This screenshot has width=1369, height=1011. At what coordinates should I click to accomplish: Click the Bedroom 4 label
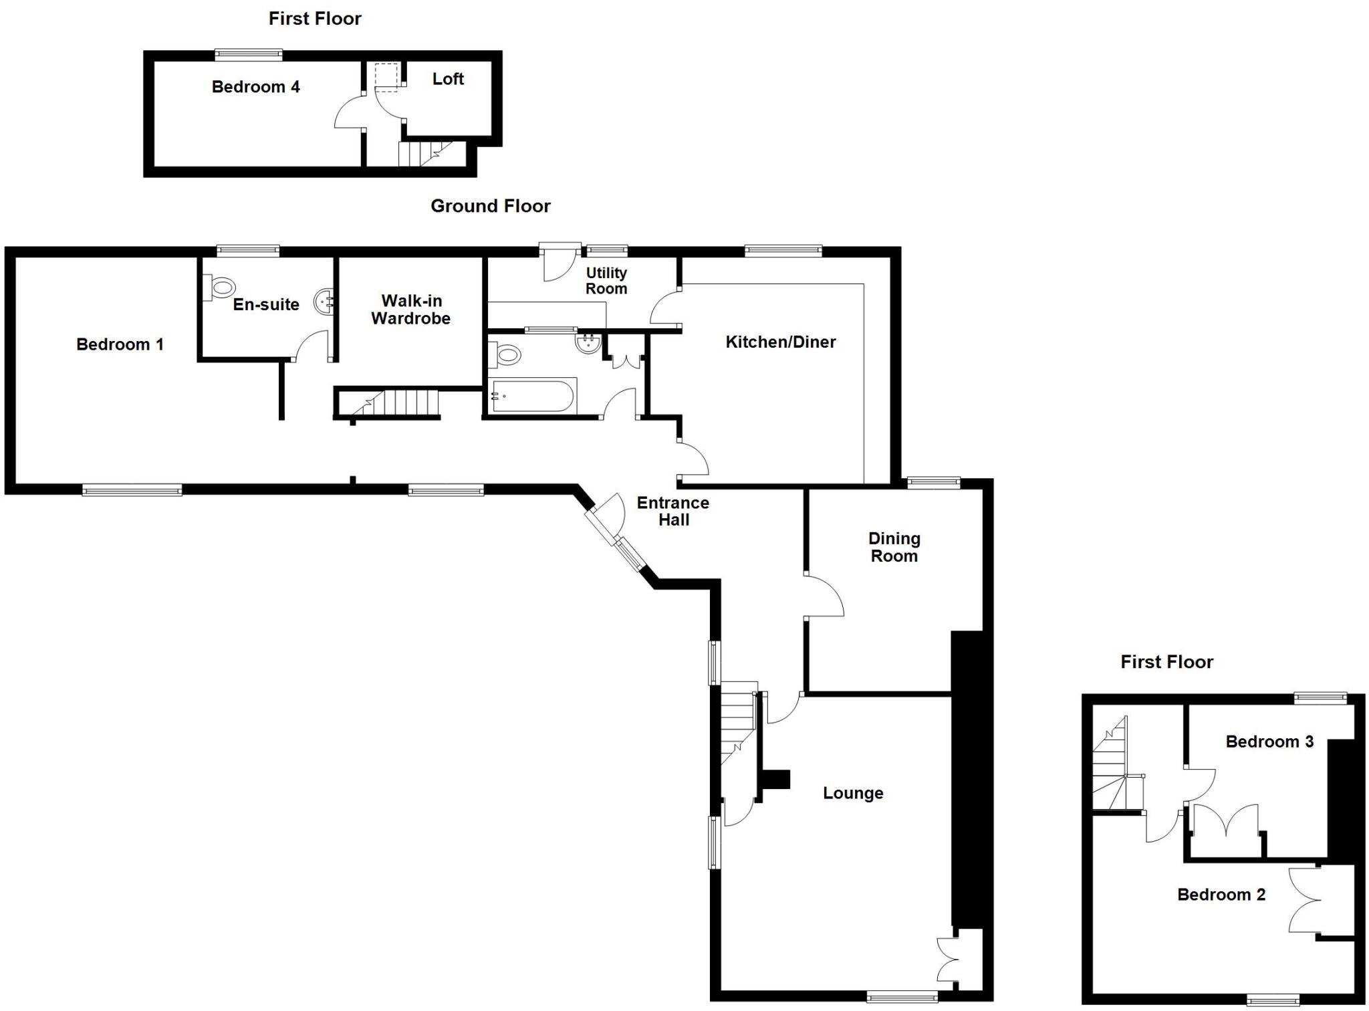click(x=255, y=87)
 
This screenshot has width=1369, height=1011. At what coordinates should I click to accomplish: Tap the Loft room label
click(x=448, y=79)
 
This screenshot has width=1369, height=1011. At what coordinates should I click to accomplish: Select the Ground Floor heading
click(x=490, y=206)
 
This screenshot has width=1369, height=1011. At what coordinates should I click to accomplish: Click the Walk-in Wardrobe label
click(x=410, y=310)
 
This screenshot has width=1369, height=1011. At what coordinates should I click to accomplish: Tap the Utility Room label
click(x=606, y=281)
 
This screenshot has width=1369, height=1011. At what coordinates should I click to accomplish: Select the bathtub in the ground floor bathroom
click(x=533, y=396)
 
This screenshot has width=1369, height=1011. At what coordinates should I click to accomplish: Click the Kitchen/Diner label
click(x=780, y=342)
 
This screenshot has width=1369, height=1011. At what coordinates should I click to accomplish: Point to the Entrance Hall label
click(x=672, y=512)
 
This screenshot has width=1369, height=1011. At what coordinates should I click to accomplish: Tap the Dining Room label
click(x=894, y=547)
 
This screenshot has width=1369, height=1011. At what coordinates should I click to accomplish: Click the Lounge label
click(x=853, y=793)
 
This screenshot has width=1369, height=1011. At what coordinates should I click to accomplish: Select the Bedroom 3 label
click(x=1269, y=742)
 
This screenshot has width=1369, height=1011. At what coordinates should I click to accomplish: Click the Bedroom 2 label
click(x=1221, y=895)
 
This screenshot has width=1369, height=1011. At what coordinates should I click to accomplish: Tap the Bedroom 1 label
click(x=120, y=344)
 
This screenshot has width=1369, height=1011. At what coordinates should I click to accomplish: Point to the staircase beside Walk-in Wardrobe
click(x=394, y=403)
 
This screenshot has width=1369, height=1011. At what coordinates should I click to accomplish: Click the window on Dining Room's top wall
click(x=933, y=483)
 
